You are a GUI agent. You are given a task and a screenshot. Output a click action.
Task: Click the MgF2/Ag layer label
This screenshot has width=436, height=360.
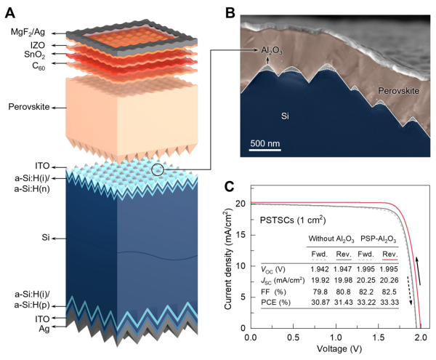click(x=28, y=32)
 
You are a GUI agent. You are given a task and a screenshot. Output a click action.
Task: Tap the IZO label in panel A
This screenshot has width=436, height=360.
click(x=38, y=45)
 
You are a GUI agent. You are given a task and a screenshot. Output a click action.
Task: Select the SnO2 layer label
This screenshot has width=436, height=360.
click(x=34, y=55)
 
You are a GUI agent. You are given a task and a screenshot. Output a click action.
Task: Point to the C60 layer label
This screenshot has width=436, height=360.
click(x=39, y=66)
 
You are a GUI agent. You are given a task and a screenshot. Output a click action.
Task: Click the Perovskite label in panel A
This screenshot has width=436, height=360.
click(x=29, y=107)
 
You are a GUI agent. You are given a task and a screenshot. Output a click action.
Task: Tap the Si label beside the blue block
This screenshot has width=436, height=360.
click(x=46, y=238)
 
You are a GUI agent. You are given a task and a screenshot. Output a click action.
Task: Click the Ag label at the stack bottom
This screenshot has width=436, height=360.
click(x=44, y=329)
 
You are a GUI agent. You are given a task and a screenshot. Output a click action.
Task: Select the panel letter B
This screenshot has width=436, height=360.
click(x=230, y=13)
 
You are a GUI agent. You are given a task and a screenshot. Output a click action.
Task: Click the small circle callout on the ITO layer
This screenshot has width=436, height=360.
click(x=158, y=169)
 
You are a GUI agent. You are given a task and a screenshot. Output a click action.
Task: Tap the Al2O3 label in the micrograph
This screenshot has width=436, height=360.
click(x=272, y=51)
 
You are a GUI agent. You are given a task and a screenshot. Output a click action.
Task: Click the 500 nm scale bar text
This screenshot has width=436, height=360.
click(x=265, y=143)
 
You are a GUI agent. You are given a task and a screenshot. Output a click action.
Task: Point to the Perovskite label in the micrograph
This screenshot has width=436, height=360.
click(x=399, y=91)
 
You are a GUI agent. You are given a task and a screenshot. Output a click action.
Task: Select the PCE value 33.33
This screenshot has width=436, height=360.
click(x=389, y=302)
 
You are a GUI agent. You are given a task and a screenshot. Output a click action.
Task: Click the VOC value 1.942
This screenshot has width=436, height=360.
click(x=320, y=269)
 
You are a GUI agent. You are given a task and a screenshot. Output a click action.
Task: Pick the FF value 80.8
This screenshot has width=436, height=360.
click(x=344, y=292)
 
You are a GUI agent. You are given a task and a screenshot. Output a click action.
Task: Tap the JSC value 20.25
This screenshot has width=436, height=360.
click(x=366, y=280)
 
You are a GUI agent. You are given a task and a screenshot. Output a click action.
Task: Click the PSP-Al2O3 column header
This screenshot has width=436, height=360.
click(x=378, y=239)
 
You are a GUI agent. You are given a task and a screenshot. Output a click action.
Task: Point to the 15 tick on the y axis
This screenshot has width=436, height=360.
click(x=241, y=235)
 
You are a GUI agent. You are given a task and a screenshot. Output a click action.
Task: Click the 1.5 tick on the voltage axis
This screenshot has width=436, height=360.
click(x=379, y=337)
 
